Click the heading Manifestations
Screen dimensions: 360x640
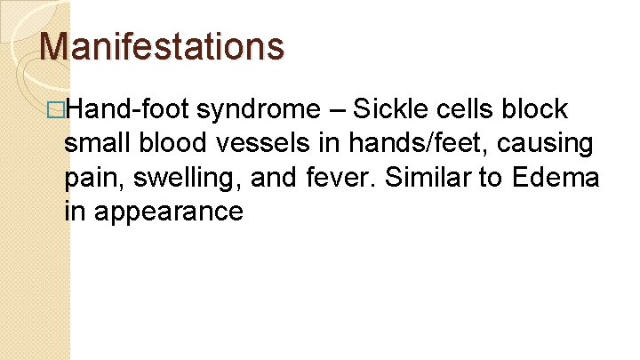[x=163, y=45]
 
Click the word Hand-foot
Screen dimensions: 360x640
[x=127, y=109]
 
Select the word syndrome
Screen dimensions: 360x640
[x=259, y=109]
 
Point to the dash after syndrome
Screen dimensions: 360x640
[x=337, y=109]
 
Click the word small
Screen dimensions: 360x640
[x=94, y=143]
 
